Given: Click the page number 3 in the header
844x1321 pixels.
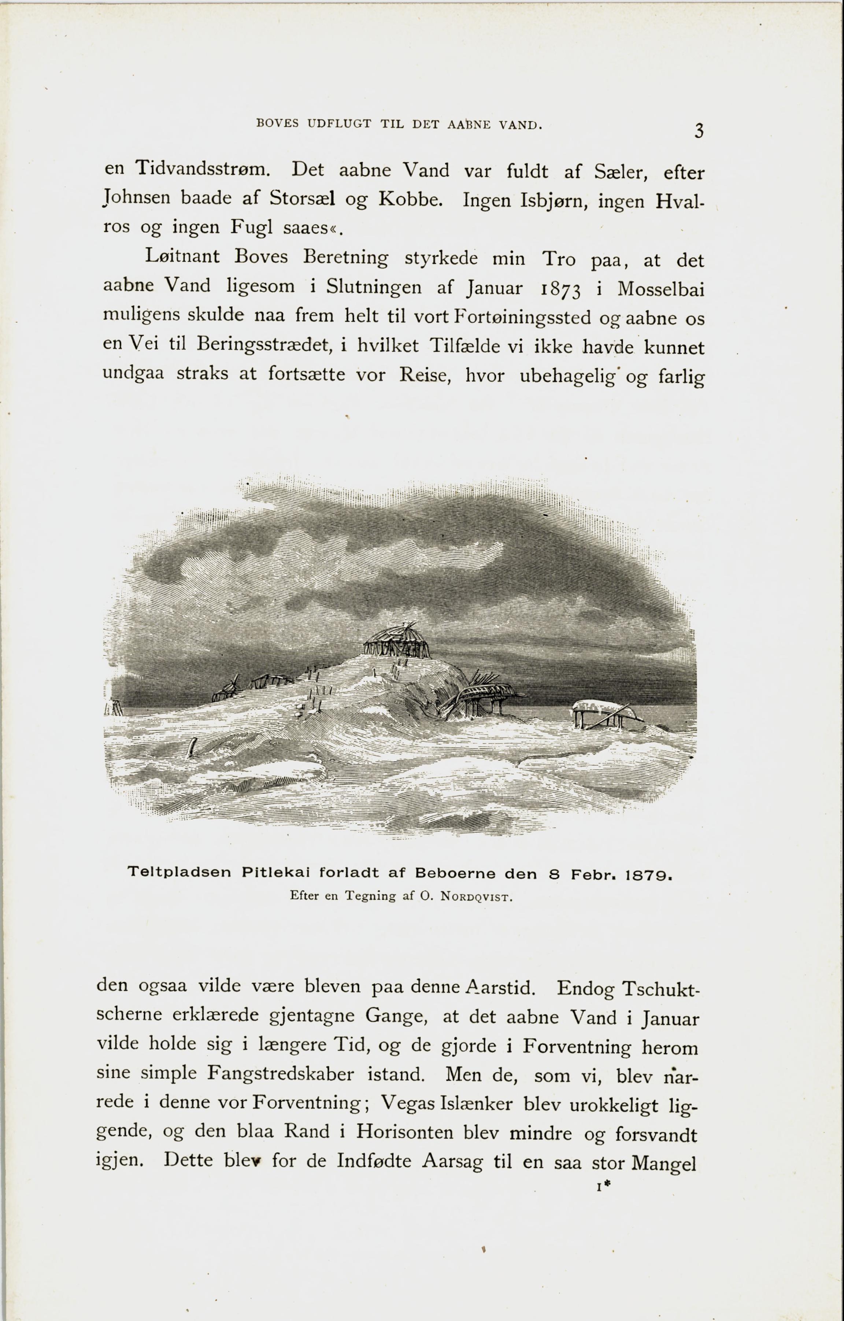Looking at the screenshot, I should (698, 132).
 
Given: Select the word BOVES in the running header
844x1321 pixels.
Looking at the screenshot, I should (278, 123).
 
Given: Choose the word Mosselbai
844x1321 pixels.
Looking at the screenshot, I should (660, 289).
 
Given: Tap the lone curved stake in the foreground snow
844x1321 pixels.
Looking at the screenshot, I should (192, 747).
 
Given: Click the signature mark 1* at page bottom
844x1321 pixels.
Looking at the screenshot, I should (603, 1187).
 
